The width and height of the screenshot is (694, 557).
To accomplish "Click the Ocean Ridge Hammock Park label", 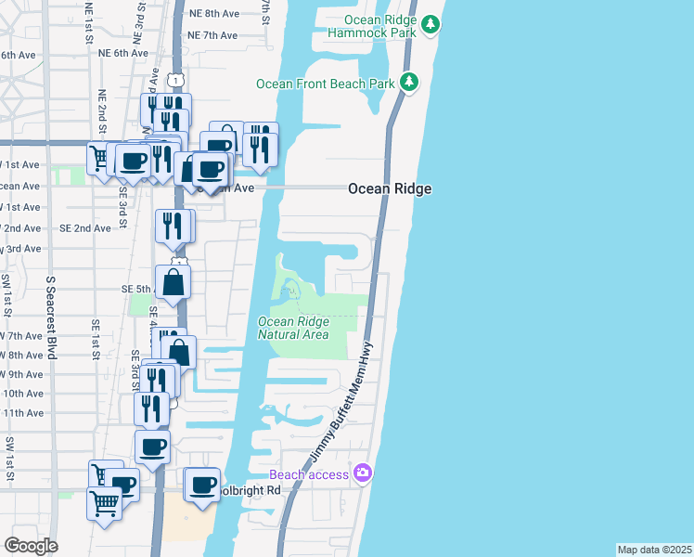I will [x=379, y=26].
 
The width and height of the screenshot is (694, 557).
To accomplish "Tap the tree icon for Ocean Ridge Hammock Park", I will [x=430, y=24].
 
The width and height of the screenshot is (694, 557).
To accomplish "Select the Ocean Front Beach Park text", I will [x=325, y=84].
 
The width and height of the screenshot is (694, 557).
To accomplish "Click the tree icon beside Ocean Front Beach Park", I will [x=408, y=83].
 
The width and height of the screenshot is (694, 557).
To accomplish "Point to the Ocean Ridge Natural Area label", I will [x=293, y=328].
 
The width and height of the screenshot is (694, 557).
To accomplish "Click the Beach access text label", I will [x=309, y=474].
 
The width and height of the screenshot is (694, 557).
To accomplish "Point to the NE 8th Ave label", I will [x=212, y=14].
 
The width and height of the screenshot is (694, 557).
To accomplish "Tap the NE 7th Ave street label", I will [x=212, y=35].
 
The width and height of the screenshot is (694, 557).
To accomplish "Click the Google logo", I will [x=31, y=546].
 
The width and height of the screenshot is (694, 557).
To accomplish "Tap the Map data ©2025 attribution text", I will [x=654, y=550].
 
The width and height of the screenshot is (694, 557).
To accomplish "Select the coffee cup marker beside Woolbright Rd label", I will [x=203, y=484].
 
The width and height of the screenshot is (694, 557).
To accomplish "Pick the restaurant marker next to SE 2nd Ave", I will [x=173, y=226].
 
